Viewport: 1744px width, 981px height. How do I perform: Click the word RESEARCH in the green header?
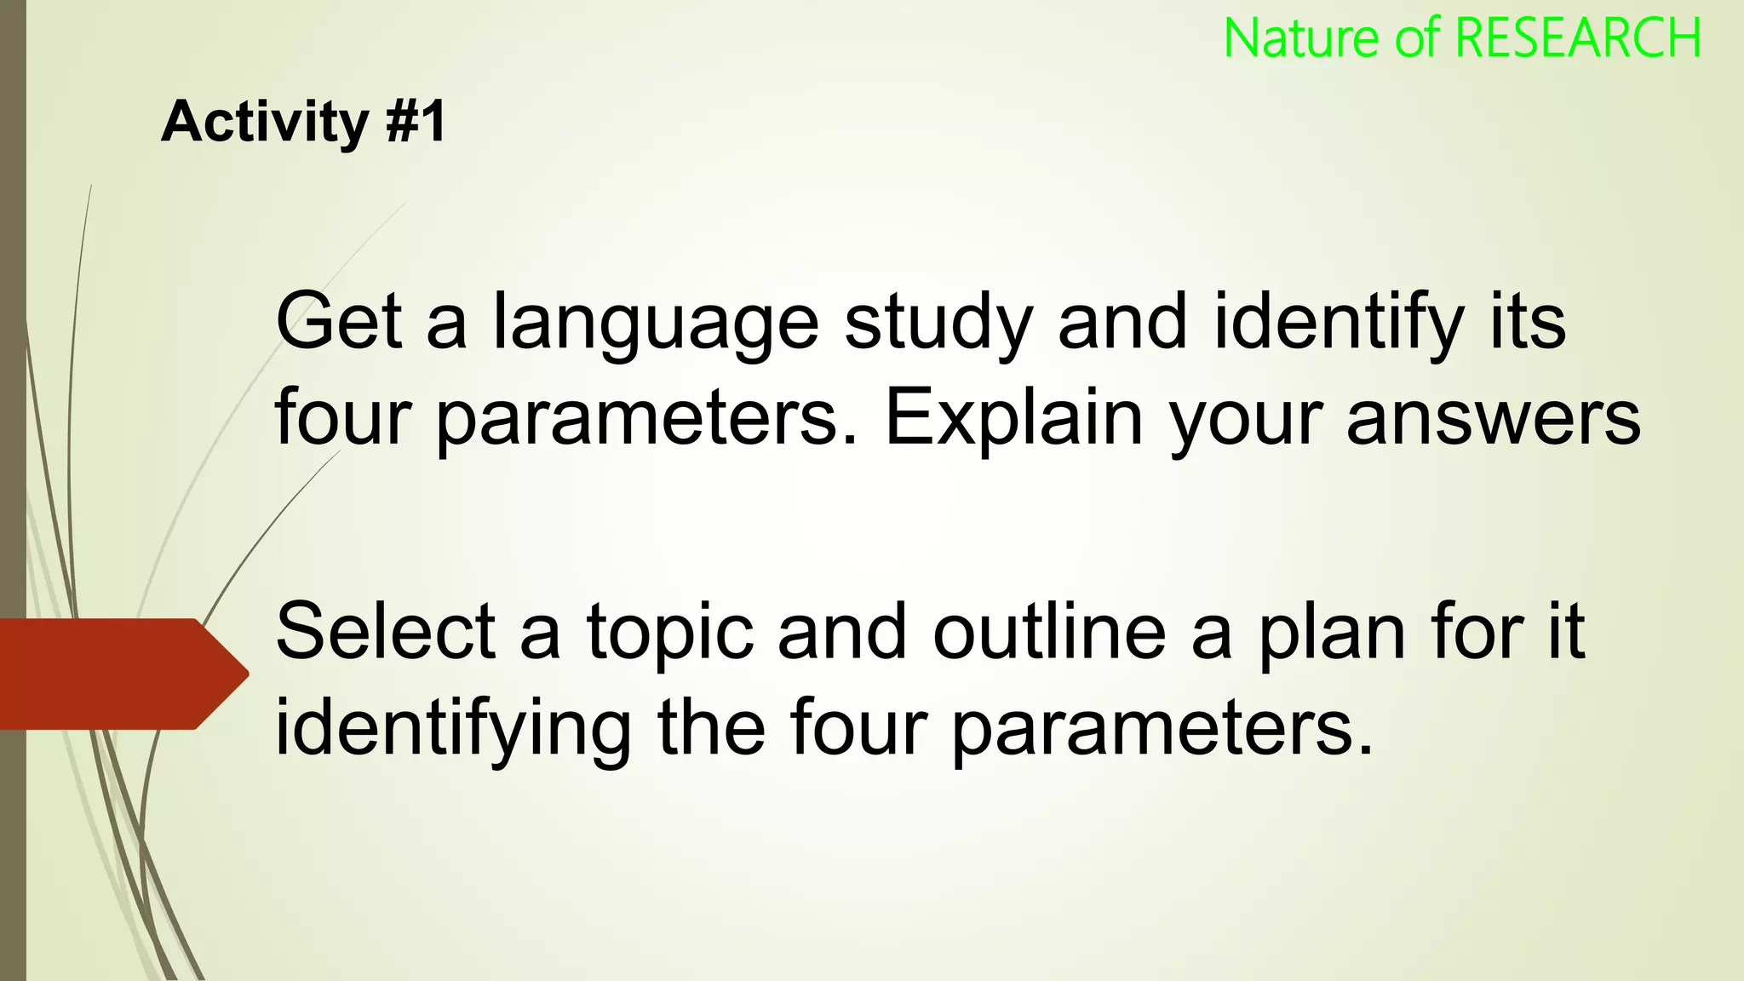click(1578, 38)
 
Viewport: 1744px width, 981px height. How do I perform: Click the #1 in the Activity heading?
click(416, 121)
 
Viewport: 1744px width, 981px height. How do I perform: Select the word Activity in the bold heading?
click(264, 123)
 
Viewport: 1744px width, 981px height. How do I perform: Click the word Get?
click(338, 321)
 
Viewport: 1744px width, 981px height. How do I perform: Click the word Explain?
click(1013, 418)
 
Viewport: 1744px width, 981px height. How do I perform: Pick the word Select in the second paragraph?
click(385, 632)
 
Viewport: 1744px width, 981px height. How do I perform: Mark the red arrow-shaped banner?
click(119, 674)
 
